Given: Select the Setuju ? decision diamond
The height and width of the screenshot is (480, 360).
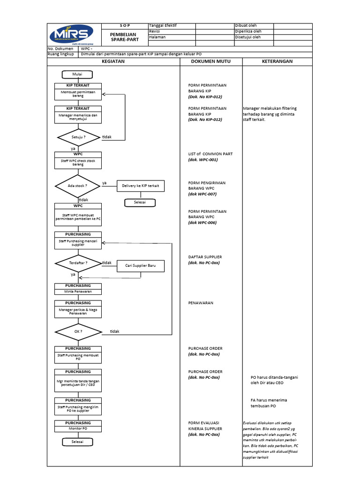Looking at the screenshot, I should pyautogui.click(x=78, y=137).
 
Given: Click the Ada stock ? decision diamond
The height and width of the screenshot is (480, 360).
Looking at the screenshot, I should pyautogui.click(x=78, y=186).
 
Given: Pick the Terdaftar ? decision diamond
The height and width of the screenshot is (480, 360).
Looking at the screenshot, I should pyautogui.click(x=78, y=263).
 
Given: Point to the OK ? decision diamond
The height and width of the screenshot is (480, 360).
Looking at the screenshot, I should pyautogui.click(x=78, y=331).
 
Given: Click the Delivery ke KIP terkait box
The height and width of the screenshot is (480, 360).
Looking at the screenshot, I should pyautogui.click(x=141, y=186).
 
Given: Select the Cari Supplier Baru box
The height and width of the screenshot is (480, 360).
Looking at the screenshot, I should pyautogui.click(x=141, y=266).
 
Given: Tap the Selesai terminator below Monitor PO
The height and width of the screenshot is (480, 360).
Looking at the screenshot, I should pyautogui.click(x=77, y=442).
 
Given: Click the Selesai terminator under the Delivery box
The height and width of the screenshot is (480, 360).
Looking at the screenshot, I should pyautogui.click(x=140, y=202).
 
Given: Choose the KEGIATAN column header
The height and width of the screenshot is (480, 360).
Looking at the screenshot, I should pyautogui.click(x=113, y=61).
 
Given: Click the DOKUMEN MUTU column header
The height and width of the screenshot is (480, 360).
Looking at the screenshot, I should pyautogui.click(x=210, y=61).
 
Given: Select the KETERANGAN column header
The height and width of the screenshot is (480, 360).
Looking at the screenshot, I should pyautogui.click(x=277, y=61).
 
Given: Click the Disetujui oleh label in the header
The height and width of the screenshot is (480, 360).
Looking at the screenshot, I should pyautogui.click(x=248, y=37).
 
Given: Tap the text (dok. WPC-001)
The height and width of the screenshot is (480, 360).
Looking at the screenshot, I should pyautogui.click(x=203, y=160).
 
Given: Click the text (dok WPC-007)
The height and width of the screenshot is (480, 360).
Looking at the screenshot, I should pyautogui.click(x=202, y=194).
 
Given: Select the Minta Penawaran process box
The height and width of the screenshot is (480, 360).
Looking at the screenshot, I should pyautogui.click(x=78, y=292).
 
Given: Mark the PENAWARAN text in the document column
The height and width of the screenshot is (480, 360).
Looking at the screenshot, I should pyautogui.click(x=201, y=303).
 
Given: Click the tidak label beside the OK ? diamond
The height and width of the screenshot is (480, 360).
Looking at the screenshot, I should pyautogui.click(x=114, y=331).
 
